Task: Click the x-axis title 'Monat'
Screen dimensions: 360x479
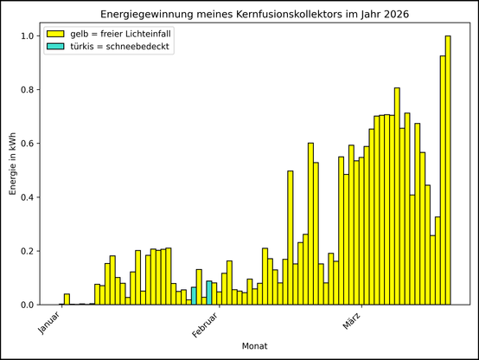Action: pyautogui.click(x=255, y=346)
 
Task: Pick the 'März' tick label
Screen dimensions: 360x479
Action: pyautogui.click(x=346, y=322)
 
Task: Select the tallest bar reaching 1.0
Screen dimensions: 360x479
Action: pyautogui.click(x=448, y=173)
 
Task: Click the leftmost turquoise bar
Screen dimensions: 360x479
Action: pyautogui.click(x=194, y=296)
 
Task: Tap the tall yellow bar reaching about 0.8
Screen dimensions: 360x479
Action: pyautogui.click(x=397, y=199)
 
